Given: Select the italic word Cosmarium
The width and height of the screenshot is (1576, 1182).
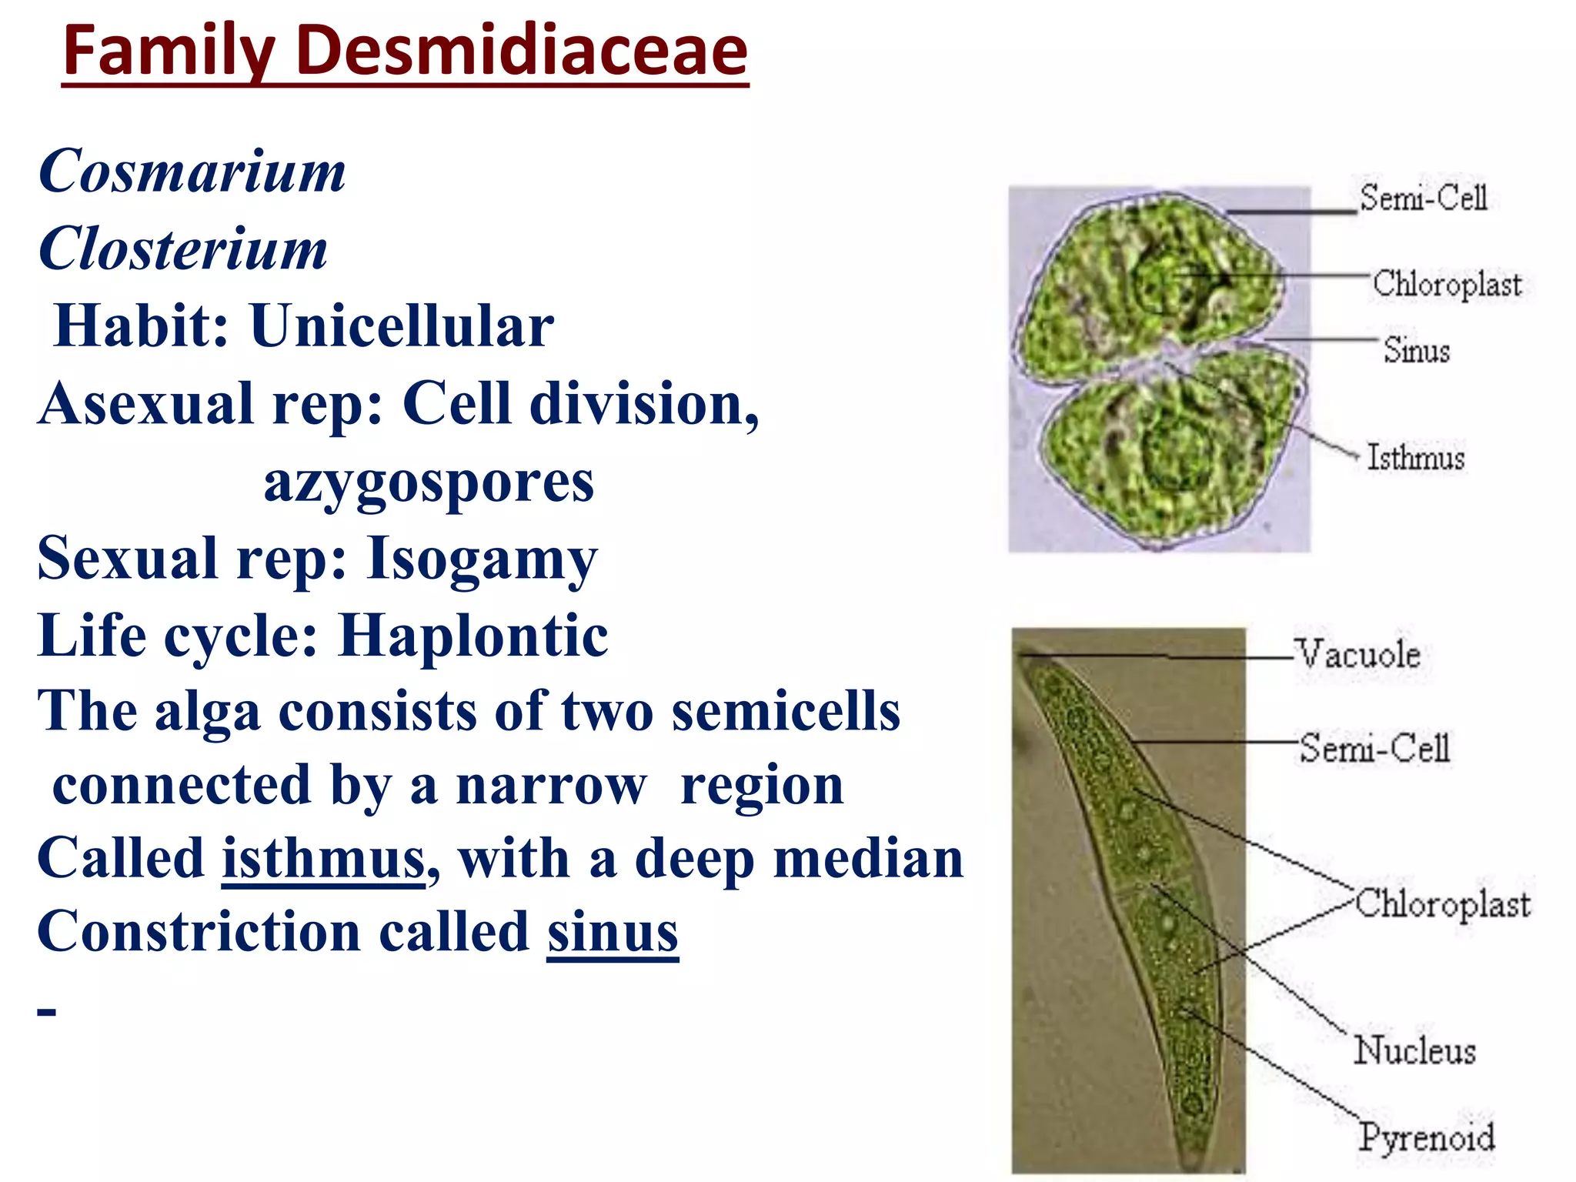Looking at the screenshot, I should coord(192,171).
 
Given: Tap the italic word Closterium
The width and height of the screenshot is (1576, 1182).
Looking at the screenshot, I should coord(183,249).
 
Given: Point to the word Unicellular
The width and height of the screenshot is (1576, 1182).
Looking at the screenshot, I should coord(401,326).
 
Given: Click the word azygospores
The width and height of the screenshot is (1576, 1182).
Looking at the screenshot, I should coord(429,482).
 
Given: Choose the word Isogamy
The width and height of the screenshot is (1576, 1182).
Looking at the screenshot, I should coord(482,559).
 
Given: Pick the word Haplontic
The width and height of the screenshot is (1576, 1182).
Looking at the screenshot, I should coord(473,636).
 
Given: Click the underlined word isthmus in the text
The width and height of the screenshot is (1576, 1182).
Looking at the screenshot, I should coord(323,859).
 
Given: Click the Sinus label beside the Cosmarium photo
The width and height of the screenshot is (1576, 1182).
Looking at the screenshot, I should coord(1416,351).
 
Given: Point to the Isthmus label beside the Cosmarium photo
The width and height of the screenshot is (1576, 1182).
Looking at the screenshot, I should coord(1415,458).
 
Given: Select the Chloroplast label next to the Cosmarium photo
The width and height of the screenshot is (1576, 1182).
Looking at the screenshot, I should coord(1447,284).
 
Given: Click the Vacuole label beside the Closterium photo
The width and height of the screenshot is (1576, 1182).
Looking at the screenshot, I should coord(1357,655).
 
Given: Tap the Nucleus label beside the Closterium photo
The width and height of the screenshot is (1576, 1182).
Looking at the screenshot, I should coord(1414,1051).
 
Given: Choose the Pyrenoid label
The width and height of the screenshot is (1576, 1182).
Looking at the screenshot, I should coord(1426,1137).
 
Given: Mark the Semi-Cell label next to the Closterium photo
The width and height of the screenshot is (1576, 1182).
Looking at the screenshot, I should coord(1374,748).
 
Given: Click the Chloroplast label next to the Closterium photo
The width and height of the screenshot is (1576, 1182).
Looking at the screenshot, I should coord(1442,904).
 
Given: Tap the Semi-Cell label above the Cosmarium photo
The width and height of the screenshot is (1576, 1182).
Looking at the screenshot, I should coord(1423,199).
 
